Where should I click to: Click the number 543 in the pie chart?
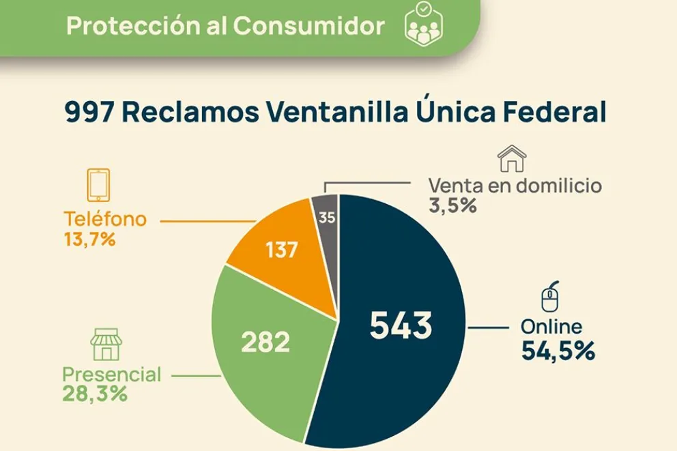tap(401, 325)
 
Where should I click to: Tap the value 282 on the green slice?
tap(265, 342)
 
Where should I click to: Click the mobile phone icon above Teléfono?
tap(98, 184)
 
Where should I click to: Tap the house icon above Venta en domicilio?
tap(512, 158)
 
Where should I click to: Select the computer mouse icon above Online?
tap(549, 297)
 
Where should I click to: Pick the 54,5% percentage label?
tap(558, 351)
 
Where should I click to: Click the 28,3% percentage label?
tap(95, 394)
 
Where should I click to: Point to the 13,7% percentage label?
tap(89, 239)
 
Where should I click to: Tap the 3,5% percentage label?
tap(452, 205)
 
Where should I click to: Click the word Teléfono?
tap(105, 219)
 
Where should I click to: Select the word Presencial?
tap(112, 375)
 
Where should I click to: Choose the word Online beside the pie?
tap(551, 327)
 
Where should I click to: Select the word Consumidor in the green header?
tap(308, 26)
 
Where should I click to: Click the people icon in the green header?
tap(424, 26)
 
